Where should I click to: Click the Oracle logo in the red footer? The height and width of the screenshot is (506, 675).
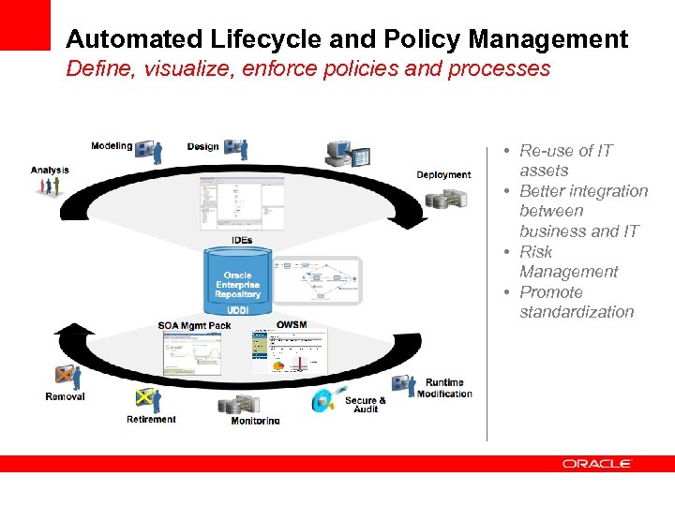point(597,463)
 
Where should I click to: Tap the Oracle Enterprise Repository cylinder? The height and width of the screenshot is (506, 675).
point(237,279)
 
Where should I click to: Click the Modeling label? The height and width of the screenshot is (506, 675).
point(112,146)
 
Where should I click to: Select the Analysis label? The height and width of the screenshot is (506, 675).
point(50,170)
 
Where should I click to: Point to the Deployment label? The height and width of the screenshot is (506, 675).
point(443,174)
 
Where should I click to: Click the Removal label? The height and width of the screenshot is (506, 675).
point(65,396)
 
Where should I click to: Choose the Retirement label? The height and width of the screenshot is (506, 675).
point(151,419)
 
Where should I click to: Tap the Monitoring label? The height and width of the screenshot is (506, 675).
point(255,421)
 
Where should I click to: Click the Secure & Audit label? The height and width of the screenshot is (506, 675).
point(366,405)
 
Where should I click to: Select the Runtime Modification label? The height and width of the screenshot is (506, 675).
point(444,388)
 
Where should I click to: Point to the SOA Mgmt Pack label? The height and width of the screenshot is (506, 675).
point(194,325)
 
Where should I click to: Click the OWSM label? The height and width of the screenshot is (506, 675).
point(292,325)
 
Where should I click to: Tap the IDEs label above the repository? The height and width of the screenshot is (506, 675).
point(242,241)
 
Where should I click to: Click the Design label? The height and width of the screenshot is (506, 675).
point(202,146)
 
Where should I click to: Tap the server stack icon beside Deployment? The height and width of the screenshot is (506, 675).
point(444,199)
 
